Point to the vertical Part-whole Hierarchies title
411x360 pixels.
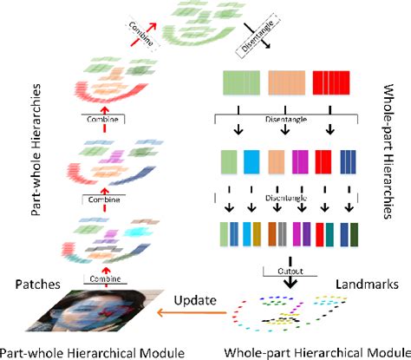[x=13, y=147]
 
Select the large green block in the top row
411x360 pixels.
[x=234, y=88]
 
